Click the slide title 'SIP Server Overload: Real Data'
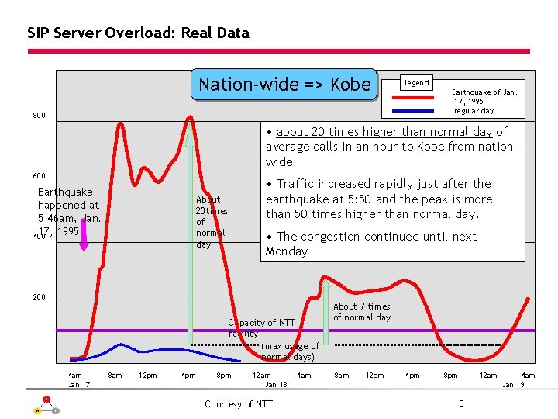(138, 33)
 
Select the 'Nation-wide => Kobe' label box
(284, 85)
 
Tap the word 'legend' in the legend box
(417, 83)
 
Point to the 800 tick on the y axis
(39, 116)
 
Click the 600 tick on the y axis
(39, 176)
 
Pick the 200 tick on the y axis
(39, 297)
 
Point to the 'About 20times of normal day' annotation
(210, 221)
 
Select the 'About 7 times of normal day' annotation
(362, 312)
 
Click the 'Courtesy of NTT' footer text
(239, 403)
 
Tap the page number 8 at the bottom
(461, 403)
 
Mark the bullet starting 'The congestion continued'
(372, 244)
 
